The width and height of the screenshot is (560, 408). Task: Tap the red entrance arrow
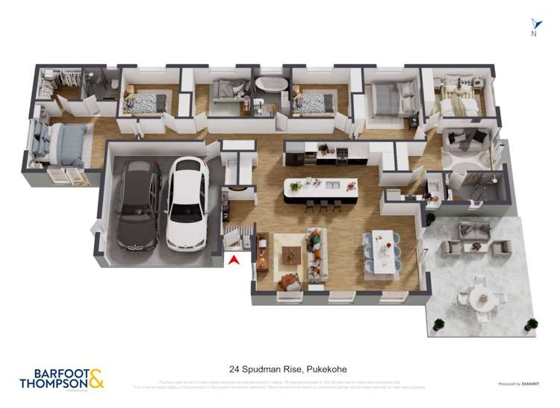(x=234, y=260)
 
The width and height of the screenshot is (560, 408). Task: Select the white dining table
(x=383, y=249)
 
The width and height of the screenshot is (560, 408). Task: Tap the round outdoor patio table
(x=479, y=297)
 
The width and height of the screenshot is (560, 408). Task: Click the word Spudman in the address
(x=276, y=369)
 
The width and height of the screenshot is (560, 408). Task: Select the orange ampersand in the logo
(x=96, y=378)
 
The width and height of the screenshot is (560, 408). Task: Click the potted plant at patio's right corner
(x=531, y=324)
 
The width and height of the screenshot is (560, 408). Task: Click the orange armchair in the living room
(x=286, y=283)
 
